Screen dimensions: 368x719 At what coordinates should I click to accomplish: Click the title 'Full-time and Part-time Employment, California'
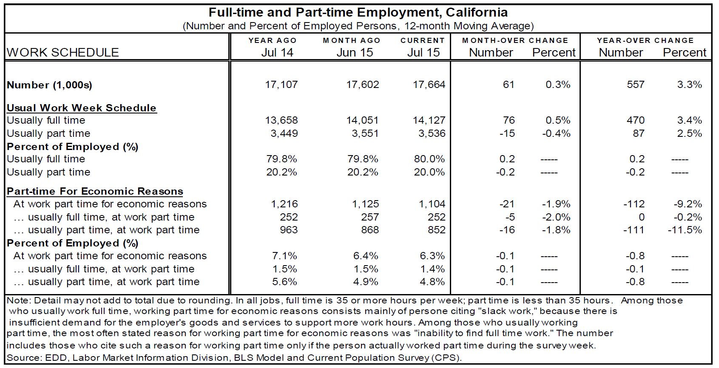pyautogui.click(x=358, y=12)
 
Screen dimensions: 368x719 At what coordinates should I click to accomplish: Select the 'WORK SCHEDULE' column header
pyautogui.click(x=63, y=52)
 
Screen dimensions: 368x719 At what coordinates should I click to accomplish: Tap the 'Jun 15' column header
pyautogui.click(x=354, y=52)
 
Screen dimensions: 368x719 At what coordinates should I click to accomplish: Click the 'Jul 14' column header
pyautogui.click(x=277, y=52)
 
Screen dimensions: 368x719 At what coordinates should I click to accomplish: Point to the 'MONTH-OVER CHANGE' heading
pyautogui.click(x=515, y=40)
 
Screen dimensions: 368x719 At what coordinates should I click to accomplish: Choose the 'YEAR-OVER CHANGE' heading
pyautogui.click(x=645, y=40)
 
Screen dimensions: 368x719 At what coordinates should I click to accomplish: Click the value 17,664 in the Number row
pyautogui.click(x=429, y=85)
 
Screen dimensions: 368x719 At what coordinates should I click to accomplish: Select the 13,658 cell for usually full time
pyautogui.click(x=281, y=120)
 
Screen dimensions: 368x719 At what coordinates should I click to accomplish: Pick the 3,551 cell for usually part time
pyautogui.click(x=362, y=133)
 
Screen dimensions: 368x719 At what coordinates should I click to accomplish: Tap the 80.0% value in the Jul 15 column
pyautogui.click(x=429, y=159)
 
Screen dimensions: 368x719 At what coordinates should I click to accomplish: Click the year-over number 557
pyautogui.click(x=635, y=85)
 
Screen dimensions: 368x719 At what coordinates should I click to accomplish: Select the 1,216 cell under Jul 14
pyautogui.click(x=284, y=204)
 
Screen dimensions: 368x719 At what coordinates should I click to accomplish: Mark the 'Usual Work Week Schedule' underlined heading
pyautogui.click(x=82, y=108)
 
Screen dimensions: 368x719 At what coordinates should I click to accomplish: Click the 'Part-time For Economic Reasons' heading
pyautogui.click(x=95, y=191)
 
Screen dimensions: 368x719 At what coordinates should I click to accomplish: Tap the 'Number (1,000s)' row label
pyautogui.click(x=49, y=85)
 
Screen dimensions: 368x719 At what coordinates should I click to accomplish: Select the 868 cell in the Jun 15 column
pyautogui.click(x=369, y=230)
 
